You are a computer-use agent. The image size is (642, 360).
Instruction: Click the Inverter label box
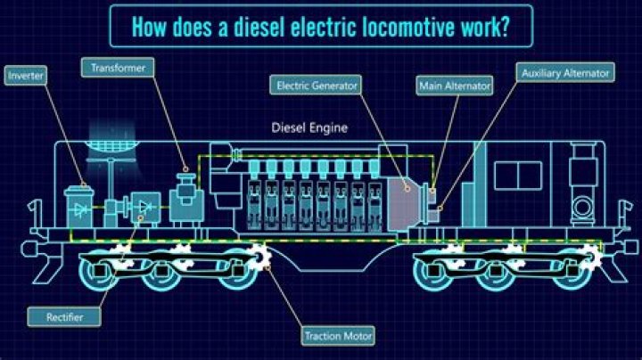click(x=26, y=76)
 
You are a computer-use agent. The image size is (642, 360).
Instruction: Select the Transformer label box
click(x=118, y=67)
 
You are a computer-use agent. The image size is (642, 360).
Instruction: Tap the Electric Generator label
click(x=317, y=86)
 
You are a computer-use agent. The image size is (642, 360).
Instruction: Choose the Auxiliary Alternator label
click(x=566, y=72)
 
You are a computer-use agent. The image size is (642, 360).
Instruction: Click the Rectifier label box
click(x=61, y=315)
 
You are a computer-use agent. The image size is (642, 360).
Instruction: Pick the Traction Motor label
click(x=339, y=336)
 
